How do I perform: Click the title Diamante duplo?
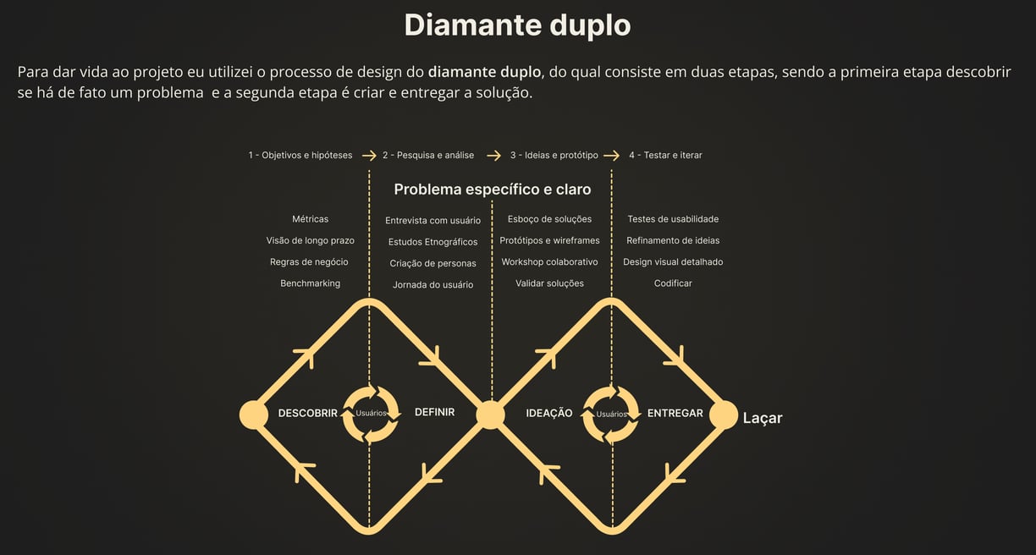(517, 25)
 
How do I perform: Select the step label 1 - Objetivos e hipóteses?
(300, 156)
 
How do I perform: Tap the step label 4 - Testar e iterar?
(665, 156)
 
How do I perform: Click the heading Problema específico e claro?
(492, 190)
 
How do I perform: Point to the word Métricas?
(310, 219)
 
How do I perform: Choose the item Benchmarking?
(310, 283)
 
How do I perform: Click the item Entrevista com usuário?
(433, 221)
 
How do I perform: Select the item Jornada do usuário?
(433, 285)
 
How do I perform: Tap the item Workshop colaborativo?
(549, 262)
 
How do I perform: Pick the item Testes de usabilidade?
(673, 219)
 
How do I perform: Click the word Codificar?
(673, 283)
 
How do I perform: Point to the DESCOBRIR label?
(307, 414)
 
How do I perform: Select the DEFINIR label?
(434, 413)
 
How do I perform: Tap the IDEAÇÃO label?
(549, 414)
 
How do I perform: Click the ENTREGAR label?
(675, 414)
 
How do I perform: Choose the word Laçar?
(763, 418)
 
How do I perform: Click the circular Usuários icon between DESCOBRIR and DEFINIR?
(371, 414)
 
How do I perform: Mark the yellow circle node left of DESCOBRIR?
(253, 415)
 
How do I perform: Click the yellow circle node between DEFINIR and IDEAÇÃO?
(490, 415)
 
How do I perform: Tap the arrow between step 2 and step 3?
(493, 156)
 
